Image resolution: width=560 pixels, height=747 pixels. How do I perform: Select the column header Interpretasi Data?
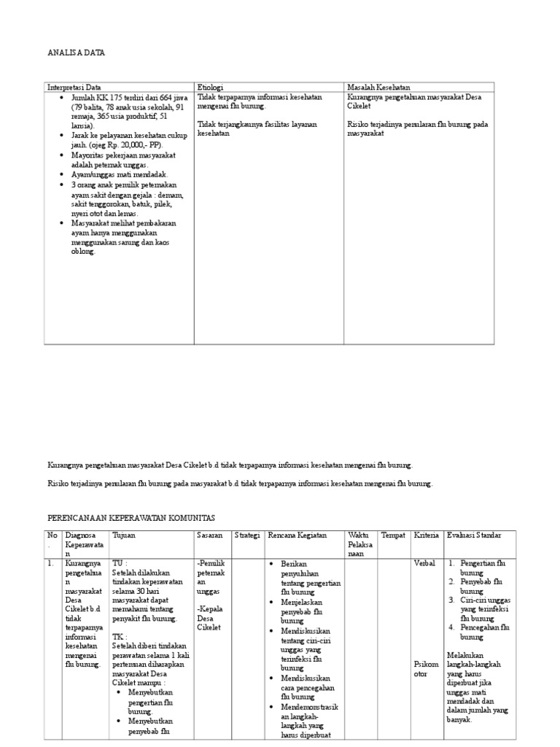click(x=74, y=87)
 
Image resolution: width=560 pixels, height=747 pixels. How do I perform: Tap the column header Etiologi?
click(x=211, y=87)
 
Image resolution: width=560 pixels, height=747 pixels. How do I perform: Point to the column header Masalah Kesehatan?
click(x=378, y=87)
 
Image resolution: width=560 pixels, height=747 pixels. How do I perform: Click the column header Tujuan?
click(x=123, y=535)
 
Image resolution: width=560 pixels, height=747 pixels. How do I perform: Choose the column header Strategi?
click(x=247, y=535)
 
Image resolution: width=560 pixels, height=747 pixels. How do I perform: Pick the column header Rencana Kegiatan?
click(x=297, y=535)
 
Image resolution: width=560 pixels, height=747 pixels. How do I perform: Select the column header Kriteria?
click(x=427, y=535)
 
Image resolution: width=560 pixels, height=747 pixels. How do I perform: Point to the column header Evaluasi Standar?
click(x=474, y=535)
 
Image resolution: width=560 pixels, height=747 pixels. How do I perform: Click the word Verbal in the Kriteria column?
click(x=425, y=563)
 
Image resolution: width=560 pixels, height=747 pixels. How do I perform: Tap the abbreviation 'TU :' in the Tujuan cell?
click(x=119, y=563)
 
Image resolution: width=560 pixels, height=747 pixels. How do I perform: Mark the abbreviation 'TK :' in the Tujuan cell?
click(x=119, y=636)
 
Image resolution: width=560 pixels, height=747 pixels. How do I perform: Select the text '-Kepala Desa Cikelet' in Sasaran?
click(x=209, y=617)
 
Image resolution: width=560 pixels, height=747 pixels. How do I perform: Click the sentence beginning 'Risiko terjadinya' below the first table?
click(x=240, y=484)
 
